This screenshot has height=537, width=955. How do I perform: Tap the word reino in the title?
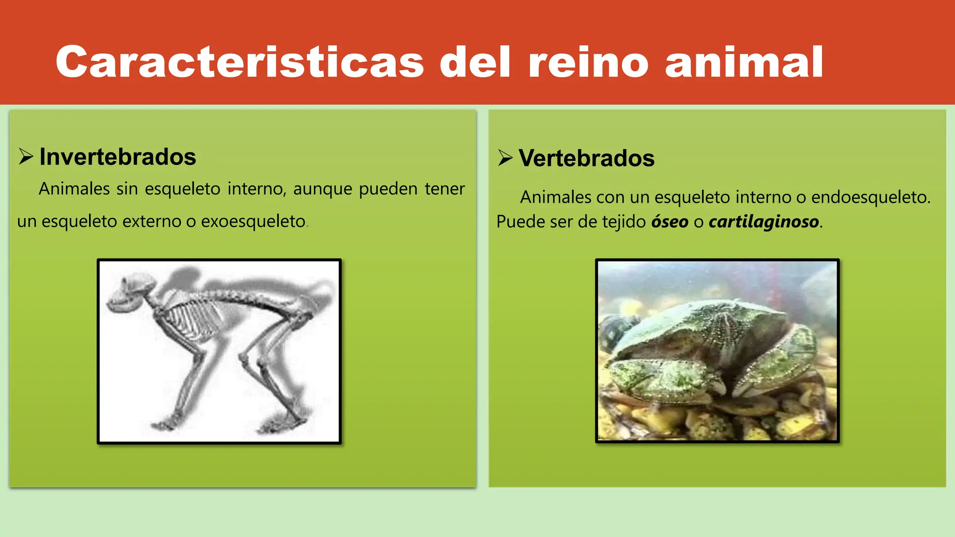[x=588, y=62]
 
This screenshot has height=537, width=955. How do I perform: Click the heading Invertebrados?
[x=118, y=157]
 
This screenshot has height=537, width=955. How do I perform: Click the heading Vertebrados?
[x=586, y=158]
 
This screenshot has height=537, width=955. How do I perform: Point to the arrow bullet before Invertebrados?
[x=26, y=157]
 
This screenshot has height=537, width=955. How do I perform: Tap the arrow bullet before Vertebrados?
[x=505, y=158]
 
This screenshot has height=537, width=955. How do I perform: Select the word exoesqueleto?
[x=253, y=221]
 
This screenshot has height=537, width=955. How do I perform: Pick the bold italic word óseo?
[x=670, y=221]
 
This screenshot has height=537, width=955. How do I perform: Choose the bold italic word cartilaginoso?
[x=764, y=221]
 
